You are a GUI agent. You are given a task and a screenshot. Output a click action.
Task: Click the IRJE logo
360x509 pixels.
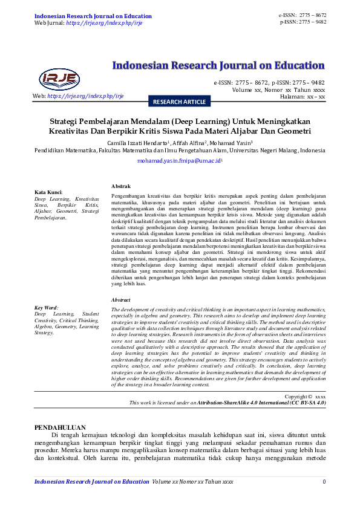pyautogui.click(x=59, y=78)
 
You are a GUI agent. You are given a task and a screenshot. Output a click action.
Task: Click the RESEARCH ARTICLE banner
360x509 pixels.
pyautogui.click(x=179, y=102)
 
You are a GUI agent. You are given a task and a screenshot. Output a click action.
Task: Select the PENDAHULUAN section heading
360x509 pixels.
pyautogui.click(x=60, y=427)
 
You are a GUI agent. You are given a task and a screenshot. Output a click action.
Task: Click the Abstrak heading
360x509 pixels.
pyautogui.click(x=122, y=186)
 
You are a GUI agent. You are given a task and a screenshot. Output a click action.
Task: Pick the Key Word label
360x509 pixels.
pyautogui.click(x=47, y=308)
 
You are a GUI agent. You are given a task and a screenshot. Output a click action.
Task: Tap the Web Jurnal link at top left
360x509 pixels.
pyautogui.click(x=88, y=22)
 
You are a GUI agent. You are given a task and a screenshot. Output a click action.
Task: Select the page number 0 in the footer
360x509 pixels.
pyautogui.click(x=324, y=481)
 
